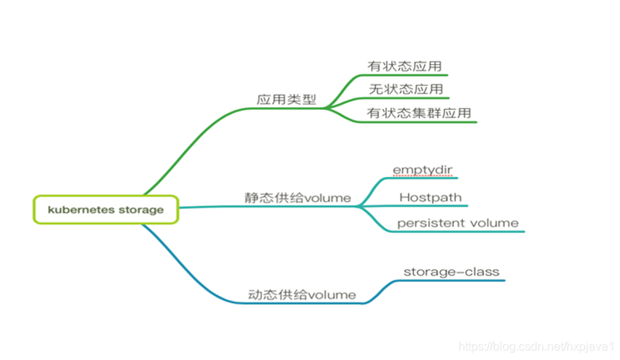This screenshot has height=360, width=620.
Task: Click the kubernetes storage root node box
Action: [106, 210]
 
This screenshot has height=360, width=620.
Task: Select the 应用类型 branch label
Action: [287, 99]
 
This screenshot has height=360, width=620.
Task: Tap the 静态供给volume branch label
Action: [298, 198]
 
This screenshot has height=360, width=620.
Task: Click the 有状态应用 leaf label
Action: [399, 66]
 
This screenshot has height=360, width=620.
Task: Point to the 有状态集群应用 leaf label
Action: [420, 113]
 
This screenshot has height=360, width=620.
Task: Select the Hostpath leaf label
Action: [430, 198]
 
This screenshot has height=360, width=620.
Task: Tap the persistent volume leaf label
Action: [458, 223]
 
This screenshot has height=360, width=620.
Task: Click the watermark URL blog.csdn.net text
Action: [535, 347]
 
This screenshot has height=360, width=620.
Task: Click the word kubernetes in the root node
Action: [83, 210]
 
